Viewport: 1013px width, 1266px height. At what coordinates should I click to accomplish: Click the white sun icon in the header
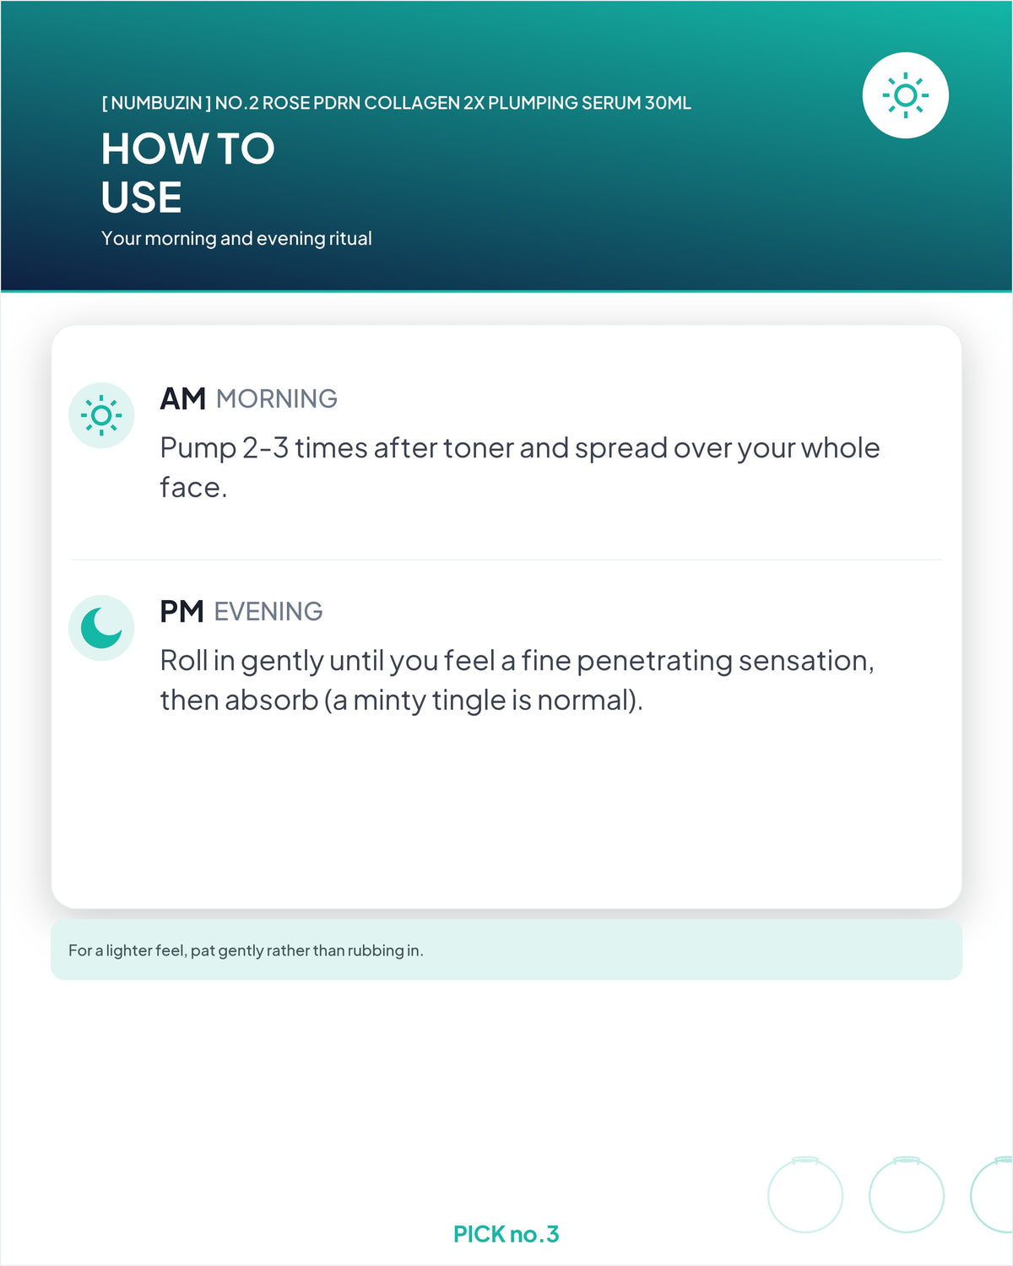[905, 95]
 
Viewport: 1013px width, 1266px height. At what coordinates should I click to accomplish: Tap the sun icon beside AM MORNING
[101, 415]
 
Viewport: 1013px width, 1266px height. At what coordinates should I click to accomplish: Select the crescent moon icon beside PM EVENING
[101, 628]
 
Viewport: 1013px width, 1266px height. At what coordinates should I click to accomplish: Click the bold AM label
[182, 399]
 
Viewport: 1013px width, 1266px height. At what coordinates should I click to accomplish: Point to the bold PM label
[181, 611]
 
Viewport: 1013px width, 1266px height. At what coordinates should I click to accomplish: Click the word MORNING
[277, 399]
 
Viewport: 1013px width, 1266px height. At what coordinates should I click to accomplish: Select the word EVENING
[268, 612]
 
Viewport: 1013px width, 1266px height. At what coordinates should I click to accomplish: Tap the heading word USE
[141, 197]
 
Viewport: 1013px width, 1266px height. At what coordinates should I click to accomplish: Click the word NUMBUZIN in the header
[156, 103]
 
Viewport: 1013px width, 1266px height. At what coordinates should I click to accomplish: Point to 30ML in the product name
[668, 103]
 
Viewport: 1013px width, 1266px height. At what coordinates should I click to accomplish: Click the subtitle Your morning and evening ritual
[236, 238]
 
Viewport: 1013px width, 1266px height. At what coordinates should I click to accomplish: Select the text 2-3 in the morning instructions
[265, 448]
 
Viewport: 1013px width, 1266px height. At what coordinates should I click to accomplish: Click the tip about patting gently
[246, 950]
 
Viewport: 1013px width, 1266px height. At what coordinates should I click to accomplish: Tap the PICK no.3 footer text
[506, 1234]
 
